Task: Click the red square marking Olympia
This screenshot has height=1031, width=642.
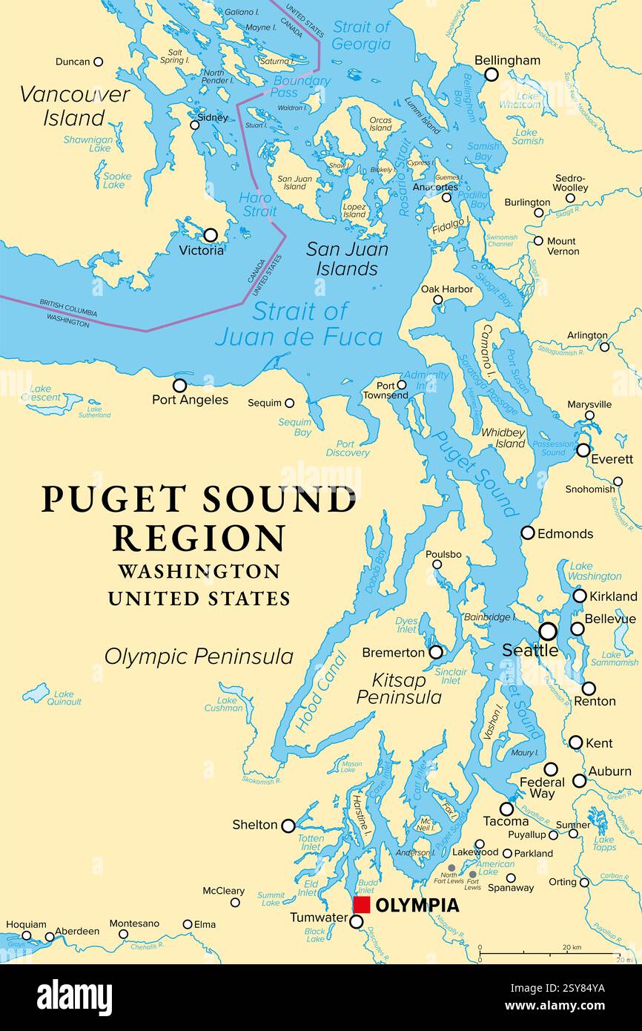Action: tap(361, 905)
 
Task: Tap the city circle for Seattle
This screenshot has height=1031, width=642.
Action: tap(547, 631)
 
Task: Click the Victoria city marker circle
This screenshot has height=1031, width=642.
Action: tap(210, 235)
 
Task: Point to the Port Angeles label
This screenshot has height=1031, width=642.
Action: tap(190, 400)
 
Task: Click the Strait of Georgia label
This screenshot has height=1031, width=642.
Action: tap(361, 36)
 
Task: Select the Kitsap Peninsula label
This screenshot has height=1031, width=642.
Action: tap(398, 688)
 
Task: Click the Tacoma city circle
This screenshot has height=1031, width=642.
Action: tap(506, 808)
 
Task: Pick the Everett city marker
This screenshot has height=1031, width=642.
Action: tap(583, 449)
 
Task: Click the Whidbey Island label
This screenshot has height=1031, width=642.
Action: tap(503, 438)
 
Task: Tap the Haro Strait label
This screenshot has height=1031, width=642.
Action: tap(257, 205)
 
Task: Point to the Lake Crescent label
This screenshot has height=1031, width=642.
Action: tap(41, 393)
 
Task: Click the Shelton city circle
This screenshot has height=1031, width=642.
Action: tap(288, 825)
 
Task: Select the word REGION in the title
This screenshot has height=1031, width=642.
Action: tap(199, 538)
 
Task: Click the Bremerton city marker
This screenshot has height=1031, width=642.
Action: tap(436, 652)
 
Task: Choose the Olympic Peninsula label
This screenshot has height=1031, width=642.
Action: tap(199, 656)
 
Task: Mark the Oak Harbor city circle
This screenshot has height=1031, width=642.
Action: tap(437, 300)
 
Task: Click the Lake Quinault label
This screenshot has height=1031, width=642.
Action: tap(63, 697)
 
